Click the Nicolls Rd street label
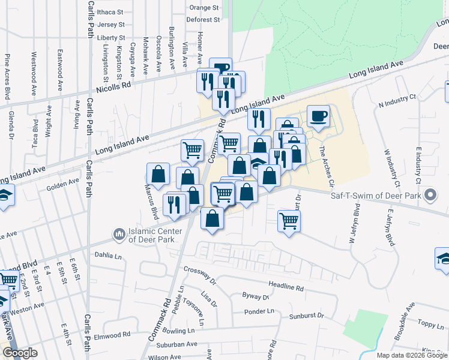point(119,85)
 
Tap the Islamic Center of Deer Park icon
point(119,232)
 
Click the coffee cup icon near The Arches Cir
point(318,115)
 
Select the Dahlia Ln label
point(108,254)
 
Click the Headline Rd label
point(286,287)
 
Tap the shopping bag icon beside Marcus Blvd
point(157,174)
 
